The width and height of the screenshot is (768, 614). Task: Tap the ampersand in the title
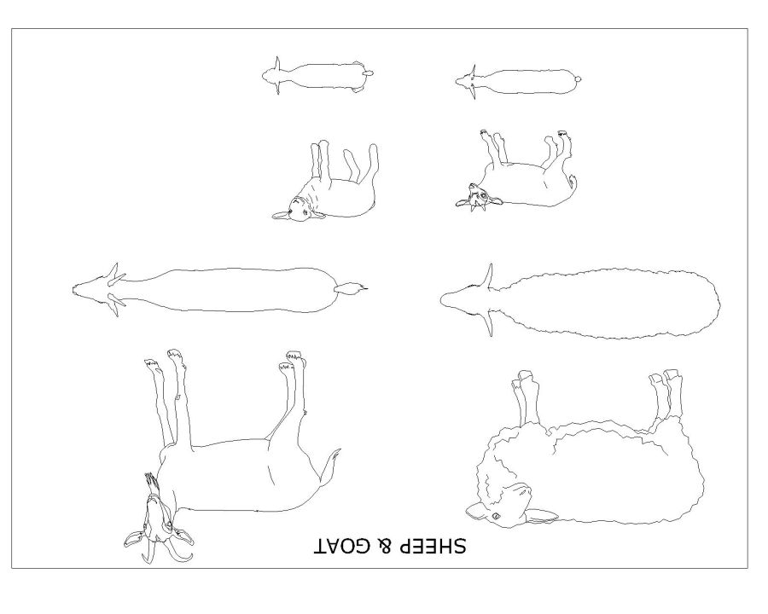click(x=384, y=546)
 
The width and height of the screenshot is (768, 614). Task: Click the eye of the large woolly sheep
click(x=495, y=516)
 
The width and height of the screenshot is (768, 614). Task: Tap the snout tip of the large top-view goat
click(x=74, y=289)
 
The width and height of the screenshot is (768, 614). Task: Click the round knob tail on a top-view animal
click(x=578, y=78)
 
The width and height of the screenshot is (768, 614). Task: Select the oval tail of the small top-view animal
click(x=368, y=74)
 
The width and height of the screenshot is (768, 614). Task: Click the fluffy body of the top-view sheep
click(x=608, y=303)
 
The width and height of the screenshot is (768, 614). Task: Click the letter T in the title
click(x=320, y=546)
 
